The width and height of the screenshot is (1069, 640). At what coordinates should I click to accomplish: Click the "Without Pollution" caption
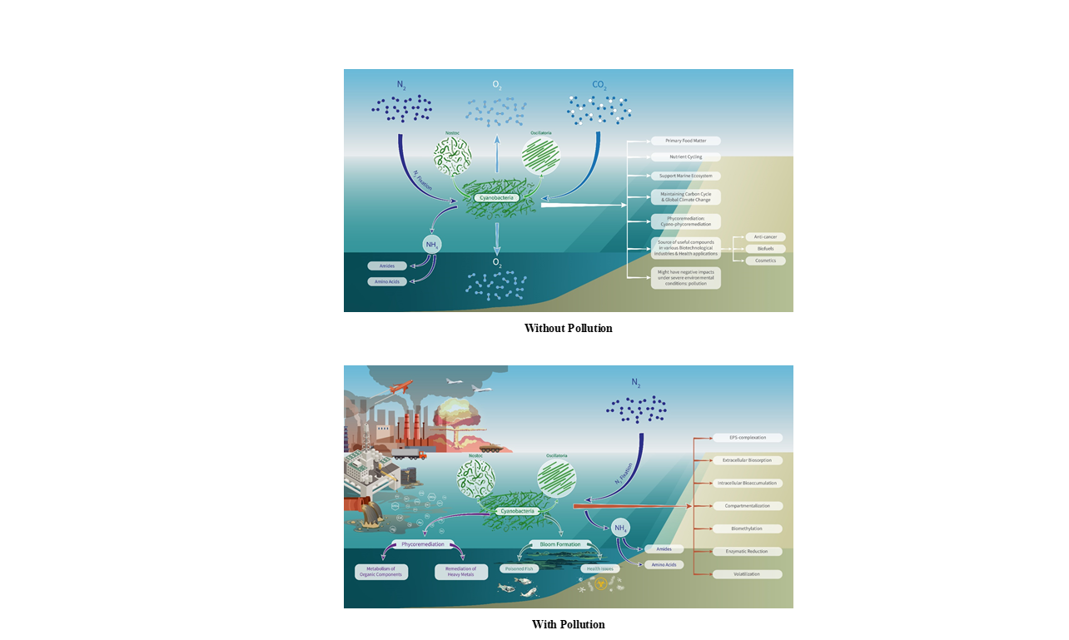pyautogui.click(x=568, y=328)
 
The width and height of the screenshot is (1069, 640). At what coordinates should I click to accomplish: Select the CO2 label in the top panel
pyautogui.click(x=599, y=85)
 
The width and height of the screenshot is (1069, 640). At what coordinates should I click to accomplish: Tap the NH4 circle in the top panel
pyautogui.click(x=432, y=245)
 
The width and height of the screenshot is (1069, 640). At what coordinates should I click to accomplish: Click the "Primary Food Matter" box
pyautogui.click(x=685, y=141)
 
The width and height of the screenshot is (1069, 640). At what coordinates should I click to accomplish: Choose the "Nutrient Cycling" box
pyautogui.click(x=685, y=156)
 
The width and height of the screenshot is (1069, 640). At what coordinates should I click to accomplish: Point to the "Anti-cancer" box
pyautogui.click(x=765, y=237)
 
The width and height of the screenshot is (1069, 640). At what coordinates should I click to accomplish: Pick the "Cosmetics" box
pyautogui.click(x=765, y=260)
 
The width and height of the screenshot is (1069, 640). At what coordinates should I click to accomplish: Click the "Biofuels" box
pyautogui.click(x=765, y=249)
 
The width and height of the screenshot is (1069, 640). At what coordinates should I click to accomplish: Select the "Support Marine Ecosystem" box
pyautogui.click(x=685, y=176)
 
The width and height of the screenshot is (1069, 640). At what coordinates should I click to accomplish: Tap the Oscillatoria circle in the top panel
pyautogui.click(x=540, y=156)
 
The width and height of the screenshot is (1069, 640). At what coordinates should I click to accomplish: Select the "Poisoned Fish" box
pyautogui.click(x=520, y=568)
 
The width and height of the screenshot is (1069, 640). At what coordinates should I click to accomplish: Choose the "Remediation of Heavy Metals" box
pyautogui.click(x=461, y=572)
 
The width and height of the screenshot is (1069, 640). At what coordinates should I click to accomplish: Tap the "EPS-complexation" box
pyautogui.click(x=747, y=438)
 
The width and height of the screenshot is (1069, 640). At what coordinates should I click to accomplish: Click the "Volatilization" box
pyautogui.click(x=747, y=574)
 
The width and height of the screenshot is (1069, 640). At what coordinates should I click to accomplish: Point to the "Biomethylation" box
pyautogui.click(x=747, y=528)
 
